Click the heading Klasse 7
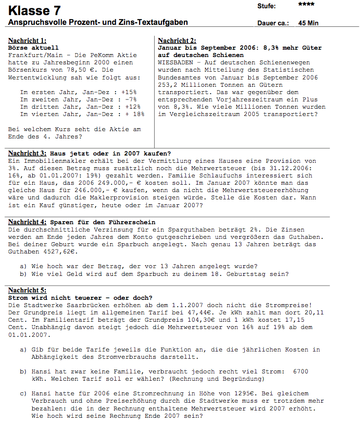point(29,10)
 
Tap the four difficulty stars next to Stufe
point(306,4)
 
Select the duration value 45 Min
point(309,23)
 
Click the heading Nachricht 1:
point(27,40)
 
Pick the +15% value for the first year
point(129,92)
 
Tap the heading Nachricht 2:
point(177,40)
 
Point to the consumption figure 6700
point(300,371)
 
